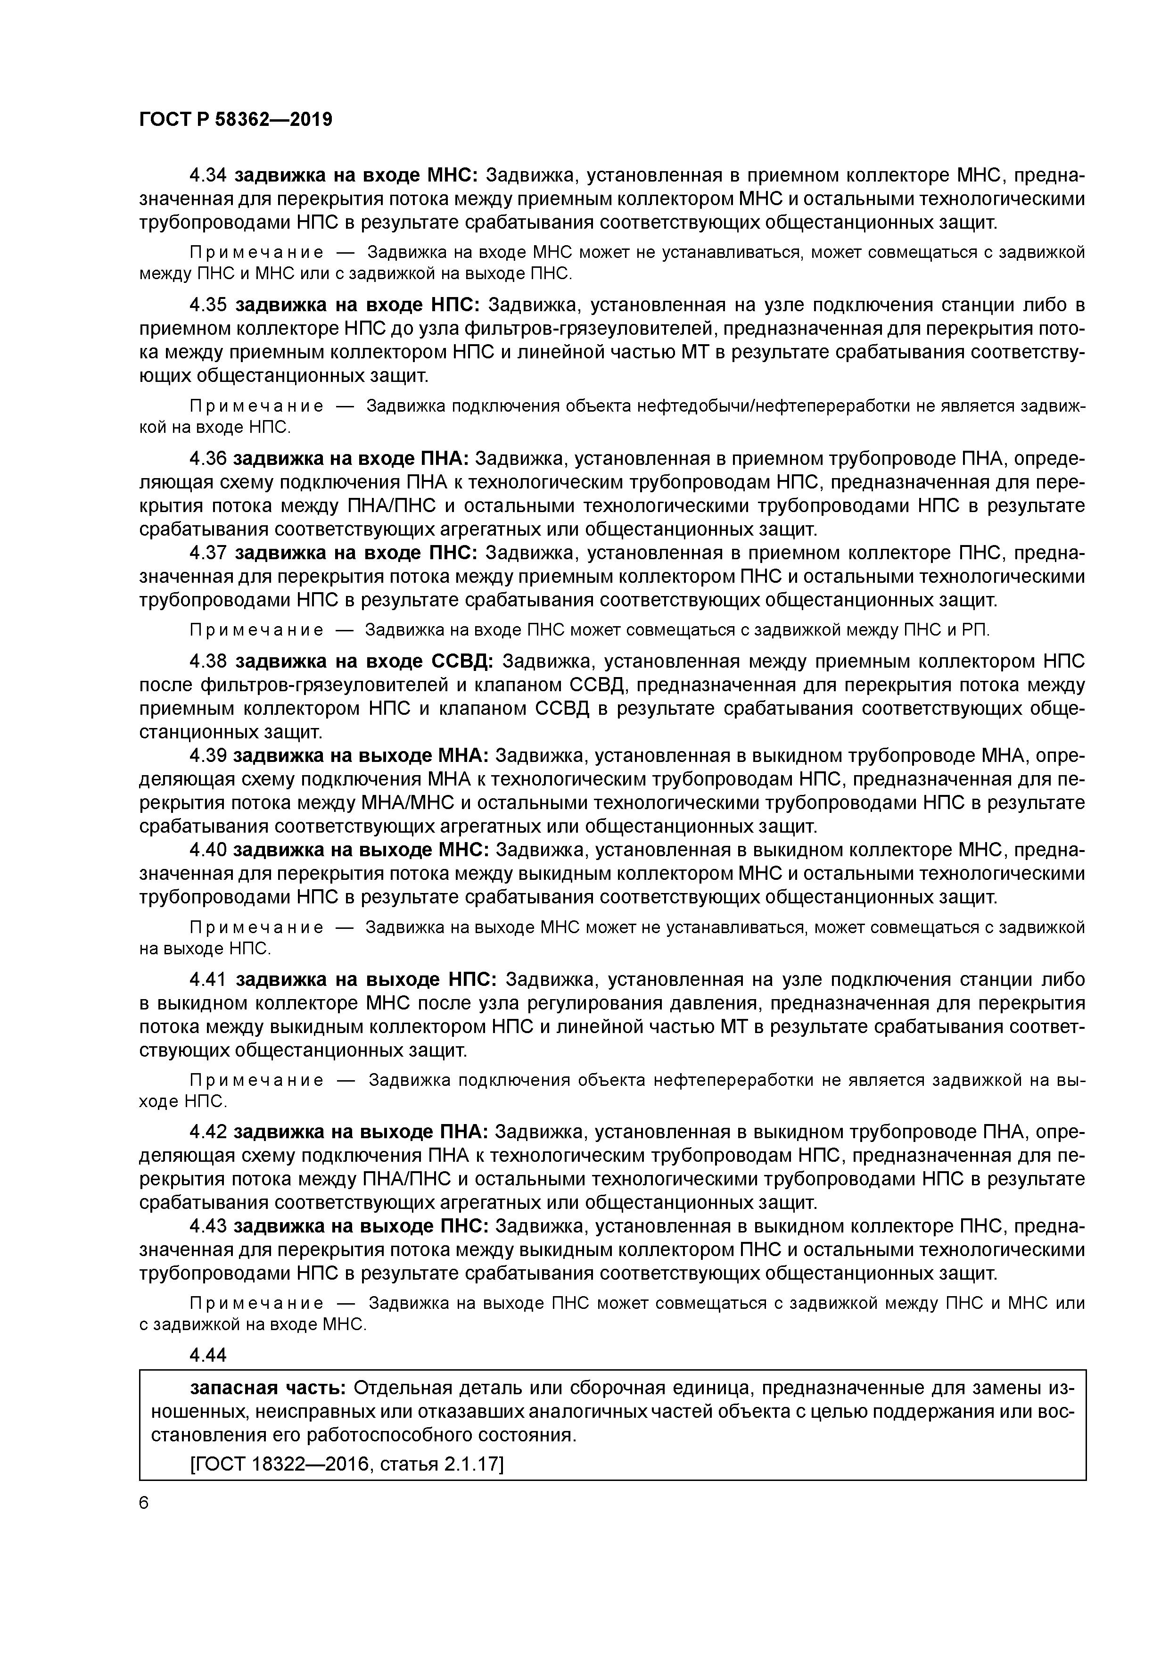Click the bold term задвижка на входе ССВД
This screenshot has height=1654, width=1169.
coord(364,662)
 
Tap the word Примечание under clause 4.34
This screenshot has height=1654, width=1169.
coord(255,252)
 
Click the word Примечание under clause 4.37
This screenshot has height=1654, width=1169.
coord(255,630)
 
